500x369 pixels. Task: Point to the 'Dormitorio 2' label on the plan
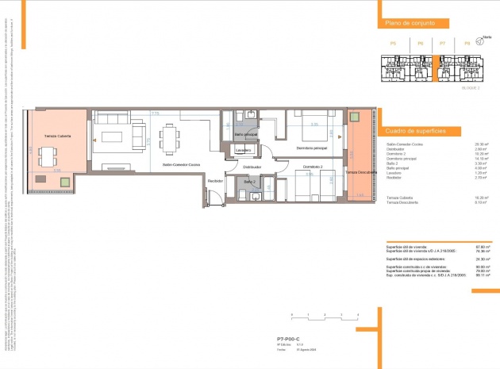[311, 167]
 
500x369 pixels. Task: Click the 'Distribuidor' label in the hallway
[252, 167]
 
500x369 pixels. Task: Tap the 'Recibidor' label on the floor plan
[214, 182]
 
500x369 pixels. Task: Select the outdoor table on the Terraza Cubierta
[49, 154]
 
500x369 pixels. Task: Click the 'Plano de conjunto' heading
[408, 24]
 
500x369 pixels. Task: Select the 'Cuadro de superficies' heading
[413, 130]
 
